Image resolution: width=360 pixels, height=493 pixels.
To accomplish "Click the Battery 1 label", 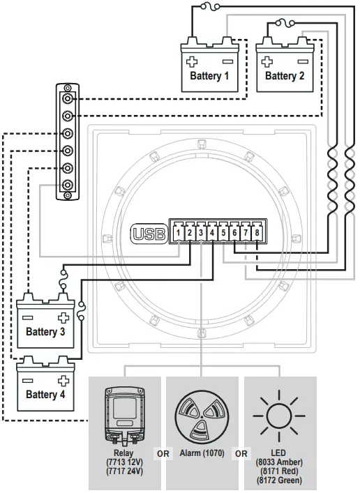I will point(209,75).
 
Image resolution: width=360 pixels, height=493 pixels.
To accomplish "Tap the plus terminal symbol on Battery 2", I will point(267,62).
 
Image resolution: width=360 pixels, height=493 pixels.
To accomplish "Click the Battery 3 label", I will point(45,332).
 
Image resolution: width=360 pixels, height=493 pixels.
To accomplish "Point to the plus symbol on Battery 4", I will point(63,381).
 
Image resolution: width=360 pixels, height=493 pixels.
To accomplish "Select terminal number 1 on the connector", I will point(179,232).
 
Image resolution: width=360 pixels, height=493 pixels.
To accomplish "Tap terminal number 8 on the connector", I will point(257,232).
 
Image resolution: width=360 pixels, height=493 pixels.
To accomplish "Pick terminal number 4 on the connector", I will point(212,232).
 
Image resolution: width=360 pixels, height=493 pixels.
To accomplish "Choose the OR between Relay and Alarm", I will point(163,454).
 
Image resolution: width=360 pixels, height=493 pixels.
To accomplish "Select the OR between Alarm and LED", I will point(241,454).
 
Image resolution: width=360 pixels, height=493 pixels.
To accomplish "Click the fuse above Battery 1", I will point(207,8).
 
